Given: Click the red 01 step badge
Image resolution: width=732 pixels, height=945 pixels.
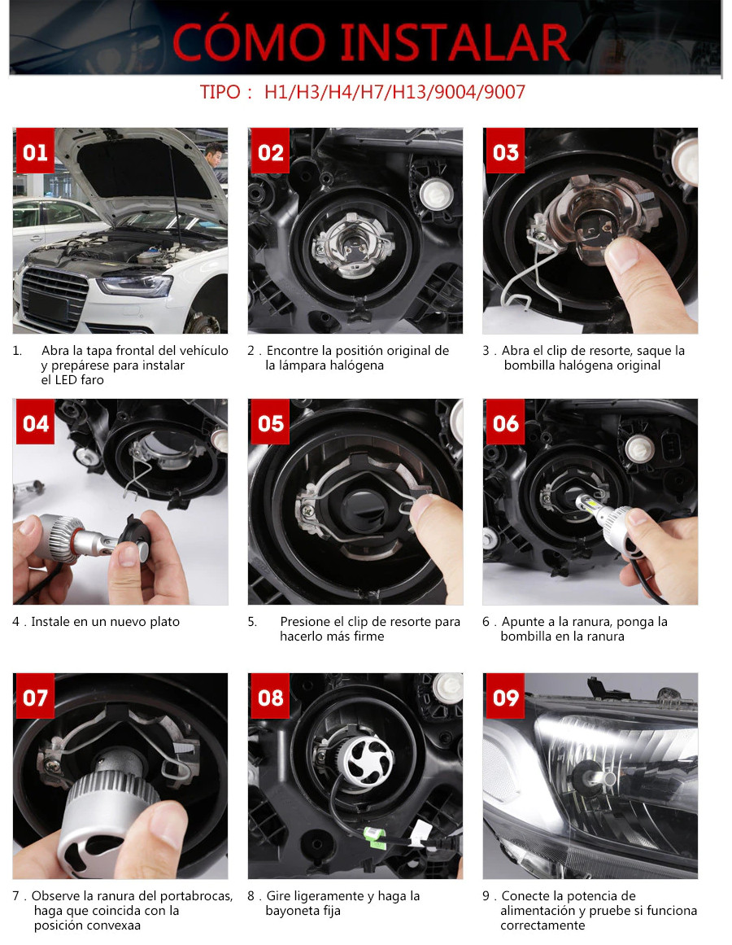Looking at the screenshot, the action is click(35, 151).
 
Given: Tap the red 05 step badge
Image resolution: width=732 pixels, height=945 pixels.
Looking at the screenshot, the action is click(270, 422).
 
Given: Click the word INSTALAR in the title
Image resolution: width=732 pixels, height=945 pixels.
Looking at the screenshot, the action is click(455, 42).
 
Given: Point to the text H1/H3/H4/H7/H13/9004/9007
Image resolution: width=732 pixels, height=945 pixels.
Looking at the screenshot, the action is click(395, 92).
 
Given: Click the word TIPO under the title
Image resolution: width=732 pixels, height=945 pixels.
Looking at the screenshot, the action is click(220, 93).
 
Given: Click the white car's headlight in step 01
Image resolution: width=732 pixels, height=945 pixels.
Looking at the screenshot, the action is click(135, 285).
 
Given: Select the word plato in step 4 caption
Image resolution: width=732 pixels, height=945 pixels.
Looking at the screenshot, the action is click(163, 622).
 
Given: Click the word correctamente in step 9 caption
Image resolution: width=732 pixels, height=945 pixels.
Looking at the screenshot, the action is click(542, 925).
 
